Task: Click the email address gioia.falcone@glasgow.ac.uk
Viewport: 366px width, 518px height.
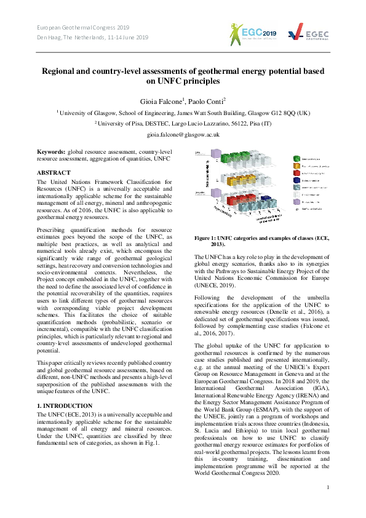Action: [x=183, y=133]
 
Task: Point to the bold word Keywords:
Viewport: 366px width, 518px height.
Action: [x=52, y=151]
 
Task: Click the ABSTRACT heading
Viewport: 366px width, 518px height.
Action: [x=54, y=173]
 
